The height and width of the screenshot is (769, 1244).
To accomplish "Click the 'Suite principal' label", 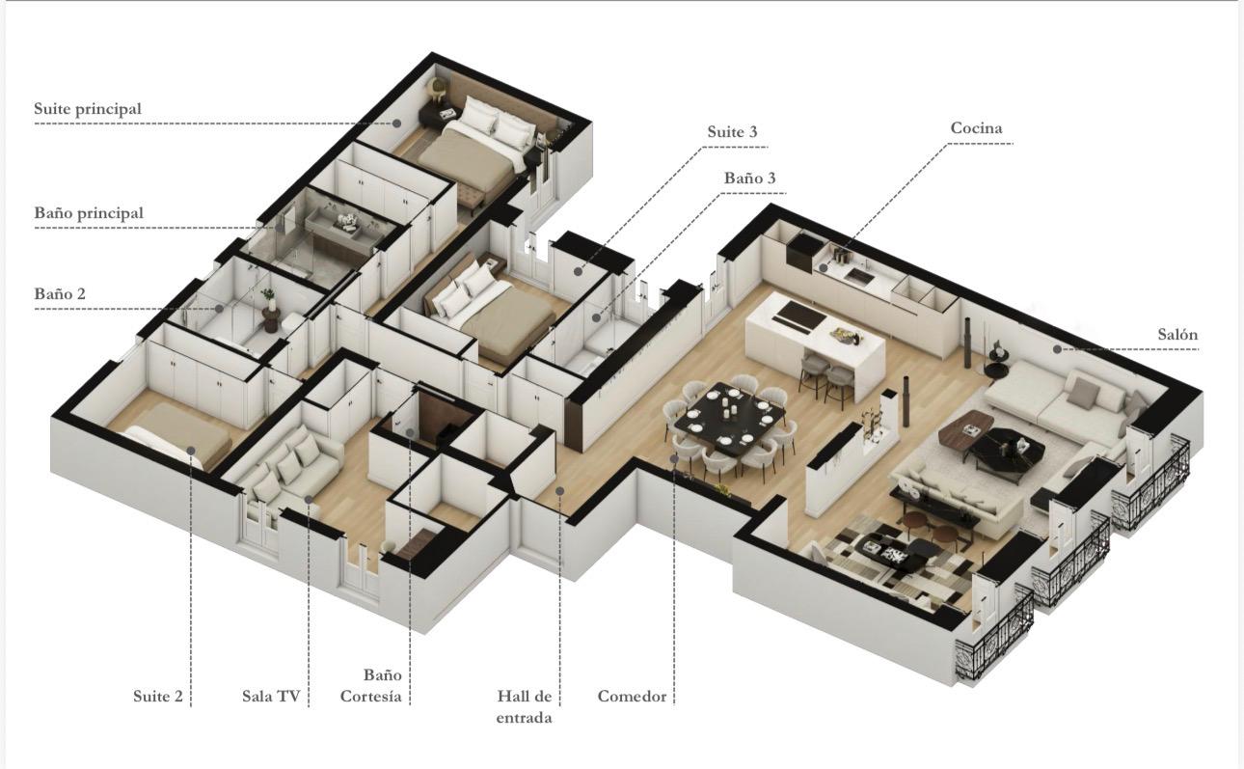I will (88, 109).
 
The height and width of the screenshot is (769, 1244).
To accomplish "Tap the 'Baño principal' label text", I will (89, 212).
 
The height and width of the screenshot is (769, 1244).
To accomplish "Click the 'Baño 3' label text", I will (749, 179).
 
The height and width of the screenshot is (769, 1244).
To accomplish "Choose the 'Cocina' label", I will (976, 128).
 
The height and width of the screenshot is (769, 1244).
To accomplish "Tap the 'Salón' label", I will (1177, 335).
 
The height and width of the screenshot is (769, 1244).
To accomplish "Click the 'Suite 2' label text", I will (158, 696).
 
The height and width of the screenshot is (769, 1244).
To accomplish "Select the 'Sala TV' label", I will (271, 696).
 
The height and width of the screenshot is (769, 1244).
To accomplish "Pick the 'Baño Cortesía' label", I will (370, 686).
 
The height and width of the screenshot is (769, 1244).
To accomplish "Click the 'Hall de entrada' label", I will (525, 706).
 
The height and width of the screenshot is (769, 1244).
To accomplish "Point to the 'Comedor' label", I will (632, 696).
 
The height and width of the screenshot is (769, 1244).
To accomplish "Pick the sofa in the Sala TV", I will (290, 462).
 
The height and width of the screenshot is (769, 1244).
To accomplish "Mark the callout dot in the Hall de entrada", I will (560, 491).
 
